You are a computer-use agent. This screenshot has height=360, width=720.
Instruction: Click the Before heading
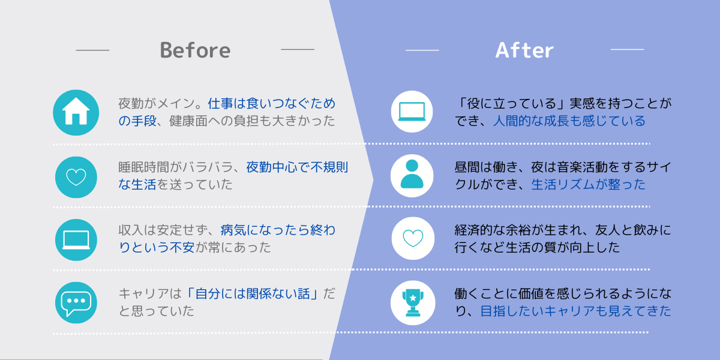click(x=195, y=50)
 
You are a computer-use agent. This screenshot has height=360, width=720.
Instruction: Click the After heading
click(x=524, y=50)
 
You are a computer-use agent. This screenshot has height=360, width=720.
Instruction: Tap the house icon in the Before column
click(x=76, y=113)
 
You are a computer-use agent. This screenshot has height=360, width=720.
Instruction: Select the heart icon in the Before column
click(x=76, y=177)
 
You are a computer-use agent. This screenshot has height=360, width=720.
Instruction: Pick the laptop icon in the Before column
click(x=76, y=240)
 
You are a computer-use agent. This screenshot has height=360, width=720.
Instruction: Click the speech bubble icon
click(x=76, y=303)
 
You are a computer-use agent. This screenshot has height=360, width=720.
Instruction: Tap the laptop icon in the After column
click(x=412, y=112)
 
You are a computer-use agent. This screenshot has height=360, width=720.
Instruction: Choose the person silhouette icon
click(x=412, y=175)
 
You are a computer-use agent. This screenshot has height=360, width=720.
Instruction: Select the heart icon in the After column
click(x=413, y=238)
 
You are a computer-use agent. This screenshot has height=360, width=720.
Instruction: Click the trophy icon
click(x=413, y=303)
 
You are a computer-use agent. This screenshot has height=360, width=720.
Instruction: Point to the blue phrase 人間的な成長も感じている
click(x=569, y=121)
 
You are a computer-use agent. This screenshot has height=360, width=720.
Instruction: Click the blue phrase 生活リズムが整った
click(x=588, y=185)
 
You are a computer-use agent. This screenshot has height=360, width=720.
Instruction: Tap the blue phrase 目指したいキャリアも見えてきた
click(x=575, y=311)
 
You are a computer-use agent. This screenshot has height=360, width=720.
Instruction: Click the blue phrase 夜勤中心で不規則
click(x=297, y=167)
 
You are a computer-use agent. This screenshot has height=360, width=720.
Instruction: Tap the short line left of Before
click(x=92, y=50)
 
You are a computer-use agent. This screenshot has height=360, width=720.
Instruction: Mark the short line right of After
click(x=627, y=49)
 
